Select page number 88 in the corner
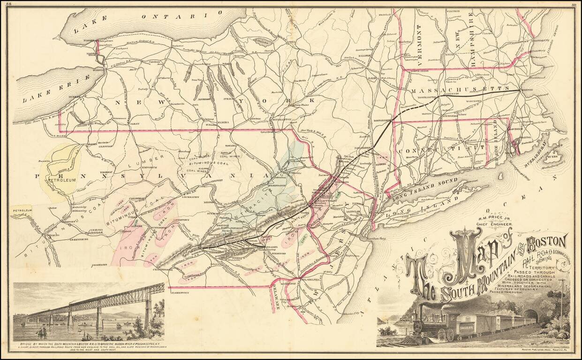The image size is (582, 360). pyautogui.click(x=8, y=4)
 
